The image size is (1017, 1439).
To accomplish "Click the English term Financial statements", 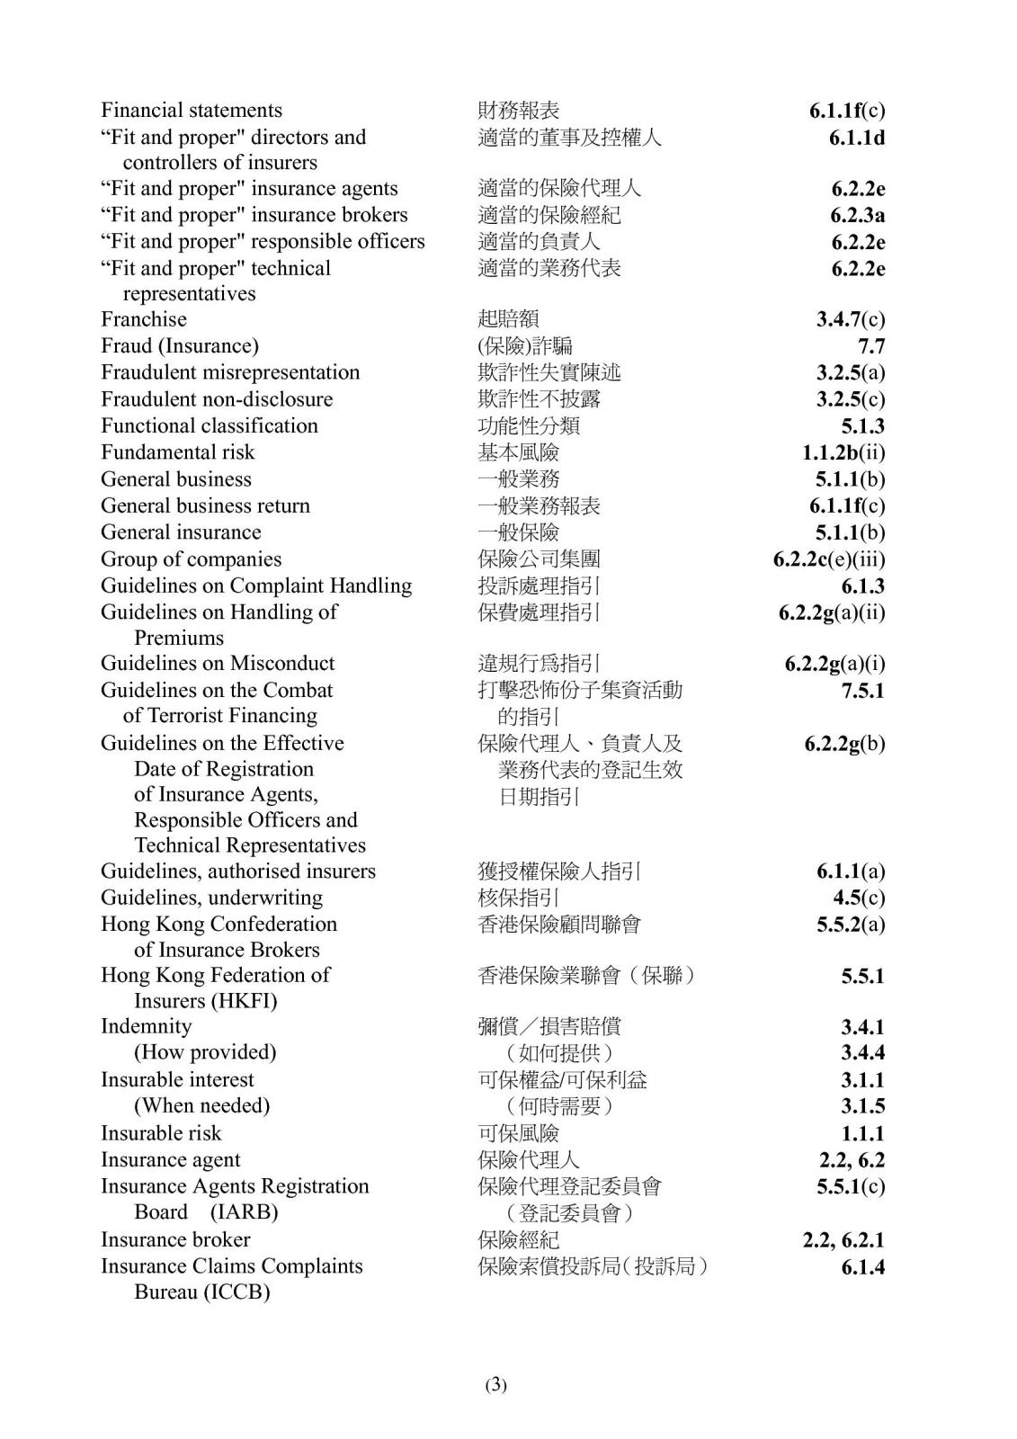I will [x=192, y=111].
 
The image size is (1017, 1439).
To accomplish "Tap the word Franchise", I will [x=144, y=319].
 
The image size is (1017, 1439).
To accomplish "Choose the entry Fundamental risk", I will [x=177, y=452].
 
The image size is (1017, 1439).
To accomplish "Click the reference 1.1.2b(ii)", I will [x=843, y=452].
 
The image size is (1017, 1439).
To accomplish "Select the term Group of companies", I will [x=191, y=559].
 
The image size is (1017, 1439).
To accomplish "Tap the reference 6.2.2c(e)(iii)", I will [x=828, y=559].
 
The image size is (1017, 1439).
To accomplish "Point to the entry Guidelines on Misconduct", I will [x=218, y=664].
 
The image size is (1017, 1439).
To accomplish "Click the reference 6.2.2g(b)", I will [x=844, y=744].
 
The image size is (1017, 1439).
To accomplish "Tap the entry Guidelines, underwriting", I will [x=211, y=898].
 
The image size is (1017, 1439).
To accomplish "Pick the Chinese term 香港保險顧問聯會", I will [x=559, y=925].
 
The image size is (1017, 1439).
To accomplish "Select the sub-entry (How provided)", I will [x=205, y=1052].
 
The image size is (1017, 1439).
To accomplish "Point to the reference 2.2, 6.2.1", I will [x=843, y=1240].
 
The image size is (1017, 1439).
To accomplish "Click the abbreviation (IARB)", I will [x=244, y=1212].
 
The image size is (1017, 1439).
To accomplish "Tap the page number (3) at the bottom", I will [x=495, y=1385].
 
